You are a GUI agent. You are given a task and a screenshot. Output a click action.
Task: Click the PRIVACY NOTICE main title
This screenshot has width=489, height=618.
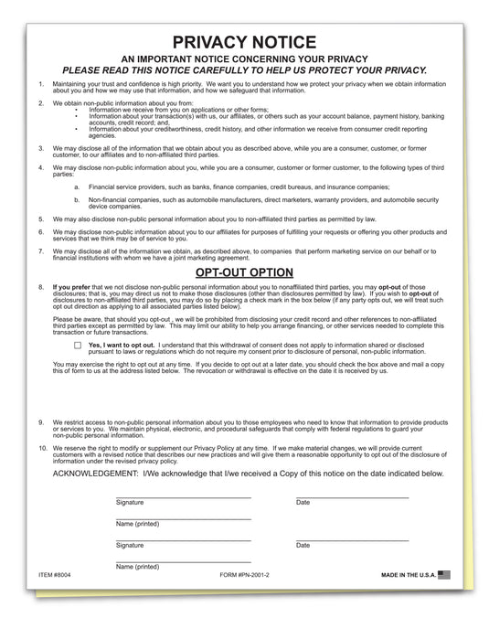point(244,42)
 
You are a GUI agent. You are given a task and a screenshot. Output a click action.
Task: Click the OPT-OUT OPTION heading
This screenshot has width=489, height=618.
point(244,272)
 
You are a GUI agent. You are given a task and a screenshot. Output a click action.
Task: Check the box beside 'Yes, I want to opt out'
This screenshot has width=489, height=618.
point(78,346)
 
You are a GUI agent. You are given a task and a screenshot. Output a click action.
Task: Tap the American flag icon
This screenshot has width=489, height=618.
point(444,574)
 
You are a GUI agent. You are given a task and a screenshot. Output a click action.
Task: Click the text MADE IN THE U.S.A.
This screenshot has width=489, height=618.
point(407,575)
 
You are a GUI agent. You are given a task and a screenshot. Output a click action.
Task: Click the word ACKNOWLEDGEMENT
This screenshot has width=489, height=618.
point(95,474)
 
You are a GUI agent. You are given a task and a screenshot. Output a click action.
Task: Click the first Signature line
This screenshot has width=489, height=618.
point(183,496)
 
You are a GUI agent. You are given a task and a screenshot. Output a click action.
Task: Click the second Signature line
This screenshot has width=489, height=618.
point(183,538)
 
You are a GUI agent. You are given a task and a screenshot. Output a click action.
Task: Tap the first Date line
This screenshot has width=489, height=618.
point(352,496)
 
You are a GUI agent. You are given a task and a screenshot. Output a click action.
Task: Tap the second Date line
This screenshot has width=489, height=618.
point(352,538)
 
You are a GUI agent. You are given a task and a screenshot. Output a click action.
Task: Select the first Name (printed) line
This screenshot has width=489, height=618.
point(183,517)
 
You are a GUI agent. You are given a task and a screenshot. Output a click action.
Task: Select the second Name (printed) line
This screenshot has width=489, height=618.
point(183,560)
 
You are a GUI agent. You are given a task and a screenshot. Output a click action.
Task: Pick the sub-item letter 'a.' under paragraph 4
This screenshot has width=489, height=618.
point(77,186)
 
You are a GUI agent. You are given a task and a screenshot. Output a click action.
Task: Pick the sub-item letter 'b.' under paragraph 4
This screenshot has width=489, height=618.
point(77,198)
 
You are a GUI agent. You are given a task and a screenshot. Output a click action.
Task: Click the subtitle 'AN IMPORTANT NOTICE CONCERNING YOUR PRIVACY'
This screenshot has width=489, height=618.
point(244,59)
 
